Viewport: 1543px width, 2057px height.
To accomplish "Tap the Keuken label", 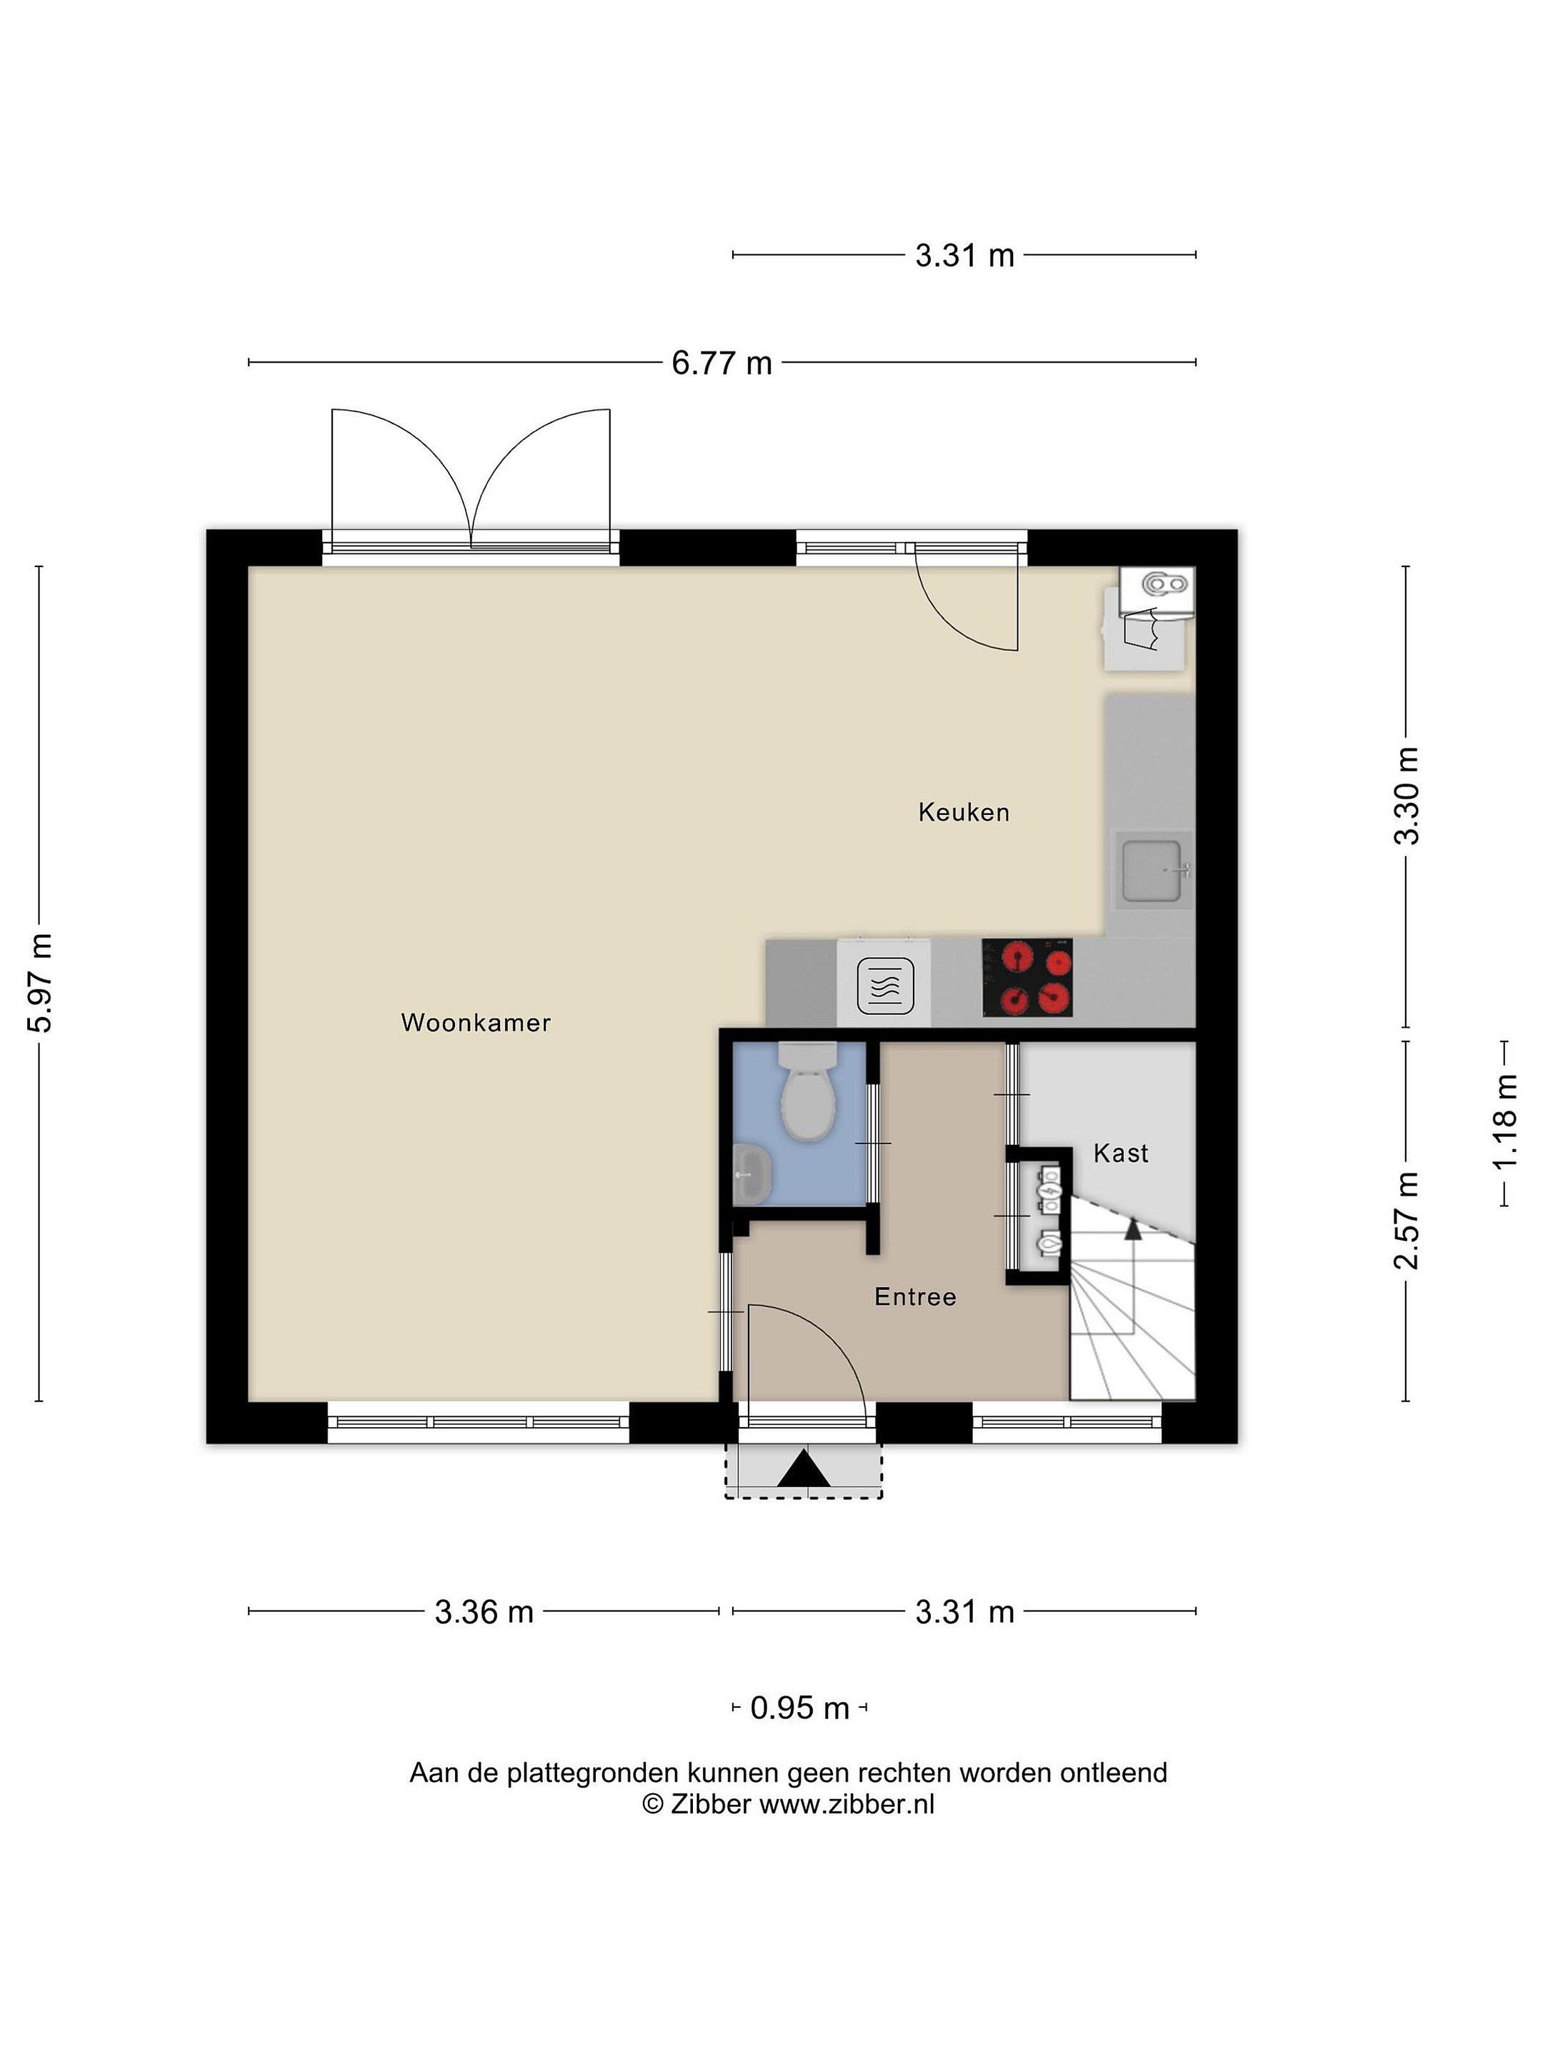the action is click(964, 813).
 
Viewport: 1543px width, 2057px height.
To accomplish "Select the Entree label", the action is click(915, 1297).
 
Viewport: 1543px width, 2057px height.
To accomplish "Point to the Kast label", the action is click(1121, 1154).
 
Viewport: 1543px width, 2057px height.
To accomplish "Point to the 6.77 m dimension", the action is click(721, 363).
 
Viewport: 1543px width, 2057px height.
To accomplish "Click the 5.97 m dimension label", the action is click(39, 983).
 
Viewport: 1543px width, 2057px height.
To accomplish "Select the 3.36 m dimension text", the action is click(484, 1611).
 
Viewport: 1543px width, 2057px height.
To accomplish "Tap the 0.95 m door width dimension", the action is click(800, 1708).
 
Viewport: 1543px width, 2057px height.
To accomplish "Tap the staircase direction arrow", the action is click(1133, 1229).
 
